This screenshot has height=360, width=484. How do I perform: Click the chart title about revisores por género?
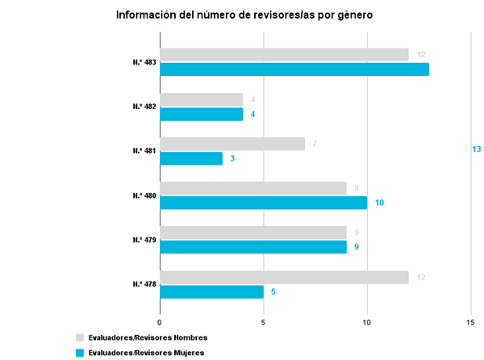pos(244,15)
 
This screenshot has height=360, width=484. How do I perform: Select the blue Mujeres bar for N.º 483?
pos(294,69)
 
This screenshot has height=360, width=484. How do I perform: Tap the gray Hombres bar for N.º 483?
pos(284,54)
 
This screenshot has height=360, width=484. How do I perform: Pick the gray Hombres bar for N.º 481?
pos(232,144)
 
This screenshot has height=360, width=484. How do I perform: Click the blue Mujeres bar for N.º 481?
pos(191,158)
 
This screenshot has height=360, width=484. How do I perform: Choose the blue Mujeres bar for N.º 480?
pos(264,203)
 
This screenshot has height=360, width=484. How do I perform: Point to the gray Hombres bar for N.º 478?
pos(284,277)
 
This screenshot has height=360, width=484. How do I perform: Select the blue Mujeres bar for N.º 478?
pos(212,291)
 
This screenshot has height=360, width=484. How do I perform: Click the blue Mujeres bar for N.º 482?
pos(202,114)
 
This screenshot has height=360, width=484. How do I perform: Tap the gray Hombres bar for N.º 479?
pos(253,232)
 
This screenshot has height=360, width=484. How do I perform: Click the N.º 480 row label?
pos(144,195)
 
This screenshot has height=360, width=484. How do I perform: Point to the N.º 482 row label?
pos(144,107)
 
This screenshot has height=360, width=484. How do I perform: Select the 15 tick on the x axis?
pos(471,322)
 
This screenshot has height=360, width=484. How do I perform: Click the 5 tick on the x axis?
pos(264,322)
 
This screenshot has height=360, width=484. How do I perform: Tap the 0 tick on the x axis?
pos(161,322)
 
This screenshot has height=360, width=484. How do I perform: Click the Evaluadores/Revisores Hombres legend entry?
pos(147,337)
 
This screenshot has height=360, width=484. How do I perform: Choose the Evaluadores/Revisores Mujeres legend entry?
pos(145,353)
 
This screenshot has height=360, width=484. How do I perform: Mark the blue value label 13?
pos(476,149)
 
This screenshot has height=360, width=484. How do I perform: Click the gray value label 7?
pos(314,144)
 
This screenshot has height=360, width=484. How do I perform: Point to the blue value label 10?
pos(379,203)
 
